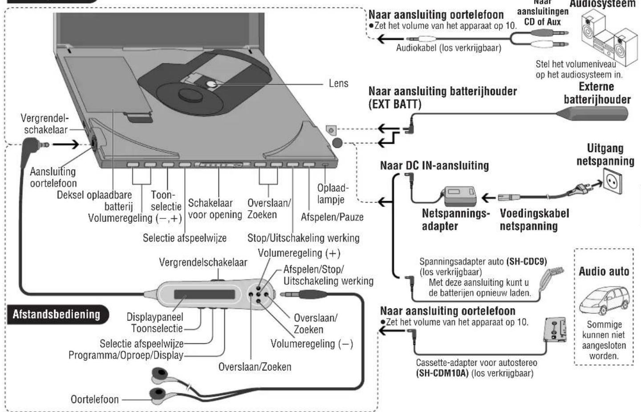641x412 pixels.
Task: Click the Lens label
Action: click(338, 83)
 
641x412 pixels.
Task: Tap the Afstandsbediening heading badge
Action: click(57, 314)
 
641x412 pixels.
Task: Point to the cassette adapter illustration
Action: click(555, 329)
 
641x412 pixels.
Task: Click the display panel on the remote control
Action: click(204, 295)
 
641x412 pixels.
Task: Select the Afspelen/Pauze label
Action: click(332, 217)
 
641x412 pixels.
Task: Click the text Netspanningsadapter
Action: click(455, 219)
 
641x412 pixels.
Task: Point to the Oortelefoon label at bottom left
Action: click(95, 399)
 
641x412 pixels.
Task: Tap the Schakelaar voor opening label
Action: click(215, 209)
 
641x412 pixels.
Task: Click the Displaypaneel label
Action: click(154, 317)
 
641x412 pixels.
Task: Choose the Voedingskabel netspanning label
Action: click(534, 219)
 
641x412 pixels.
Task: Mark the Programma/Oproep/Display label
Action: click(126, 355)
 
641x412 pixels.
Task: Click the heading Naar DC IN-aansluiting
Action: click(434, 166)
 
